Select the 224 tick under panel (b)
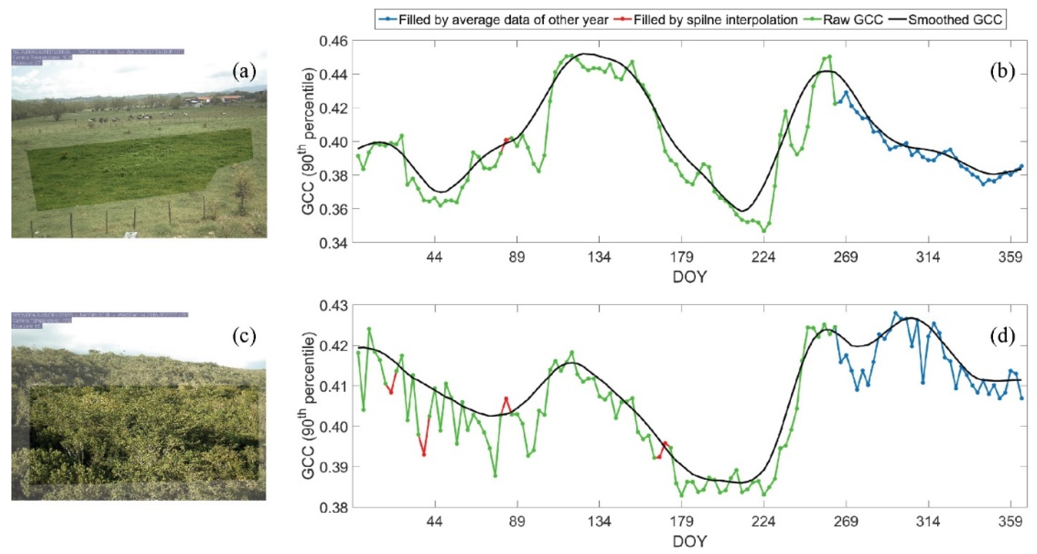tap(763, 257)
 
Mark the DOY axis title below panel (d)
tap(689, 541)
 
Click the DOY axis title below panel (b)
tap(689, 277)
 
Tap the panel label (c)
tap(244, 336)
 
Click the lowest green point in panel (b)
tap(764, 231)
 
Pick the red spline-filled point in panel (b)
tap(506, 140)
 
